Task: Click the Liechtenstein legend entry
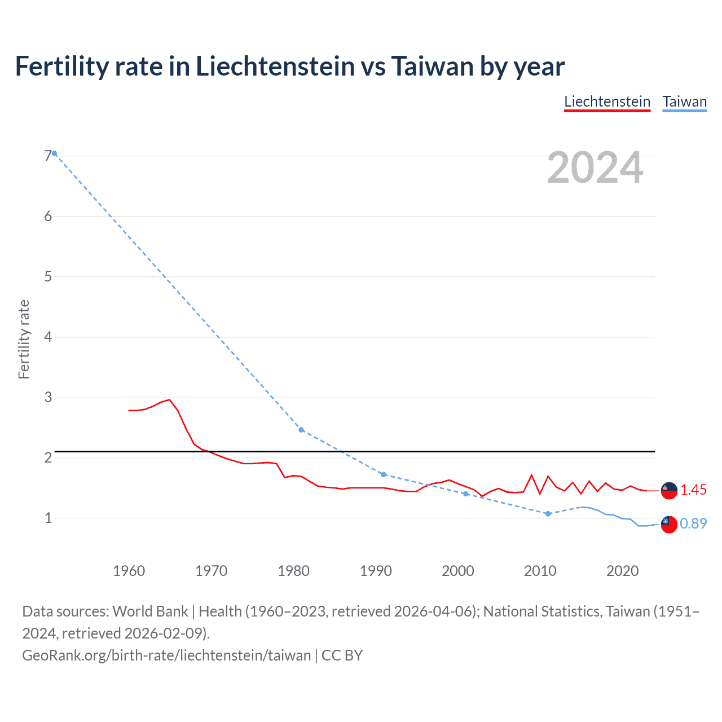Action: tap(607, 102)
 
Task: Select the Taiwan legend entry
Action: tap(684, 102)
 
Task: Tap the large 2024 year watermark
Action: tap(595, 168)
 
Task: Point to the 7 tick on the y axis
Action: tap(48, 156)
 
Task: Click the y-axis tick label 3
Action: tap(48, 397)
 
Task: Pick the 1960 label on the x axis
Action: tap(129, 571)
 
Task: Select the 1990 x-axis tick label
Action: tap(376, 571)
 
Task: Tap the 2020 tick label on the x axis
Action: tap(622, 571)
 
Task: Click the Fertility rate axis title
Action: tap(24, 340)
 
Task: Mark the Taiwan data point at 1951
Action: tap(55, 153)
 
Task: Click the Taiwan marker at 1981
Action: tap(301, 430)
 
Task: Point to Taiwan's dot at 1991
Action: tap(384, 474)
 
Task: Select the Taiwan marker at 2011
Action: tap(548, 514)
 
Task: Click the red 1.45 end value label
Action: tap(693, 490)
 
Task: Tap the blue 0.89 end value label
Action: tap(693, 524)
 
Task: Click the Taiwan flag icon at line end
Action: tap(669, 524)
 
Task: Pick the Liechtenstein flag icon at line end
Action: tap(669, 491)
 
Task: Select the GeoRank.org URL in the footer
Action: tap(166, 655)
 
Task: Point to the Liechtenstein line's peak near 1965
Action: tap(169, 399)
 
